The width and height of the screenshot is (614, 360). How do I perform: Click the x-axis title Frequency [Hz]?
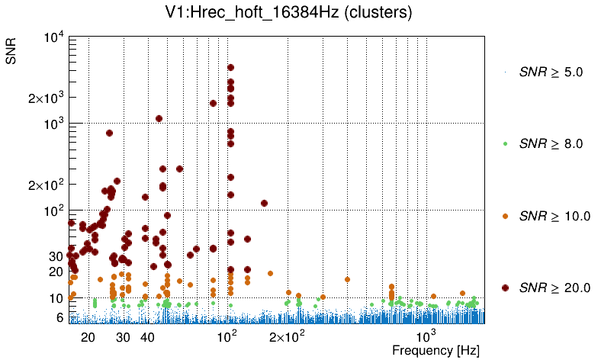click(436, 351)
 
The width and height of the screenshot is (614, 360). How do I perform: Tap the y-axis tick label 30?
click(55, 256)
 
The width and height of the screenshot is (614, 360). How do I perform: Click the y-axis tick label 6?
click(59, 317)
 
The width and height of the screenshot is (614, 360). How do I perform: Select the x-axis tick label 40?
click(148, 337)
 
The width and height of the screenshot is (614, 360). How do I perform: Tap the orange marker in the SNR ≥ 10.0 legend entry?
click(505, 216)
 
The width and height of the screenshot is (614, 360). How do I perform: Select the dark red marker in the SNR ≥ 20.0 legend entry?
click(505, 288)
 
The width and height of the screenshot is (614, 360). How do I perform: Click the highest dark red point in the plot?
click(230, 68)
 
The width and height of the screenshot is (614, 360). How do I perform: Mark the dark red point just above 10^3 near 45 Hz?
click(159, 118)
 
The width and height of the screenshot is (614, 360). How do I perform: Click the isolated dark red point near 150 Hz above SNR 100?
click(264, 203)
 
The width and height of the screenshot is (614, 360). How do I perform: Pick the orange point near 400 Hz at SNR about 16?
click(347, 279)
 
